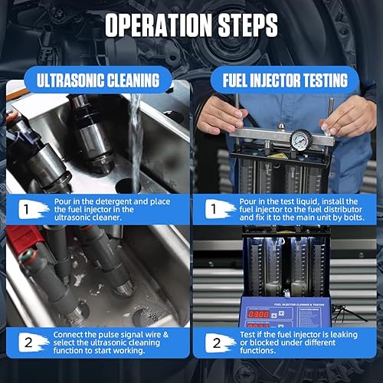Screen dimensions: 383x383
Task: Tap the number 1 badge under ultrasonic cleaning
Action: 25,206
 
